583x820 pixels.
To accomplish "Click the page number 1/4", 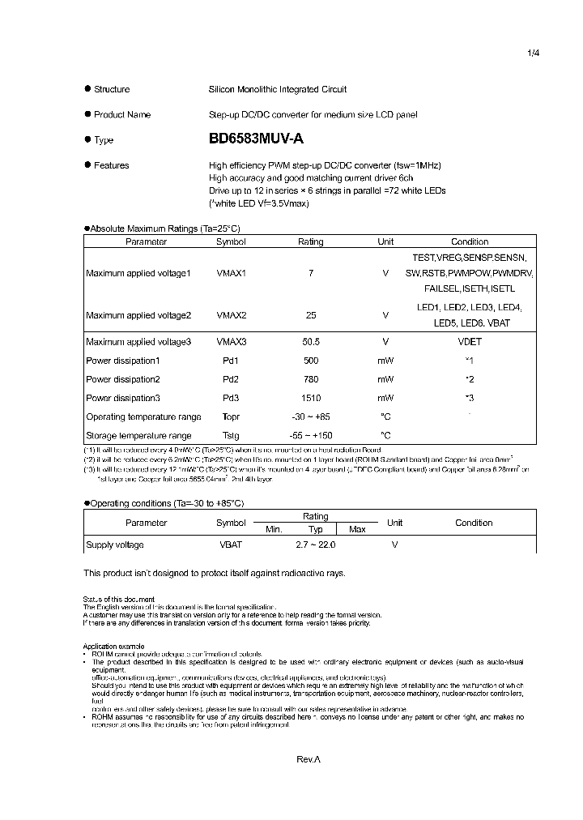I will click(x=533, y=53).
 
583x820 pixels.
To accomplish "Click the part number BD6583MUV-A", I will click(x=256, y=139).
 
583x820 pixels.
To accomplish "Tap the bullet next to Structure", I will click(x=87, y=89).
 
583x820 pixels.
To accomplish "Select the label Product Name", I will click(x=121, y=114).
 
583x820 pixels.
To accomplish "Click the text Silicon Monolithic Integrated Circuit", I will click(x=277, y=89).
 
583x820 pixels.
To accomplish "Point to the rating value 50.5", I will click(x=310, y=342).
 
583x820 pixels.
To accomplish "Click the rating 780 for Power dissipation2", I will click(x=310, y=379).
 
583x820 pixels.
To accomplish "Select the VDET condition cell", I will click(x=470, y=342).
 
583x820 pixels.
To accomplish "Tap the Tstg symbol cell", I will click(x=231, y=435).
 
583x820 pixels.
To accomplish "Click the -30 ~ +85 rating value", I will click(x=310, y=416).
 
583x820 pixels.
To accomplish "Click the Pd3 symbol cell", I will click(x=231, y=398).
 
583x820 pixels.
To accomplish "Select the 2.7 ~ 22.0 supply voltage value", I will click(x=316, y=545).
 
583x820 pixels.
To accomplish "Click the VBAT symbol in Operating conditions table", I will click(x=231, y=545).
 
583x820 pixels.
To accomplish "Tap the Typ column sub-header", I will click(x=316, y=529).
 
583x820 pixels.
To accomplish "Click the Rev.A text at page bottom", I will click(x=309, y=759).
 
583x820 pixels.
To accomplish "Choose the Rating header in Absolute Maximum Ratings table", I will click(x=310, y=241).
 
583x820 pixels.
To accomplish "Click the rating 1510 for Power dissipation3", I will click(x=310, y=398).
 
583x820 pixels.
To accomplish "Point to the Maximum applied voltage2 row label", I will click(x=138, y=314).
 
